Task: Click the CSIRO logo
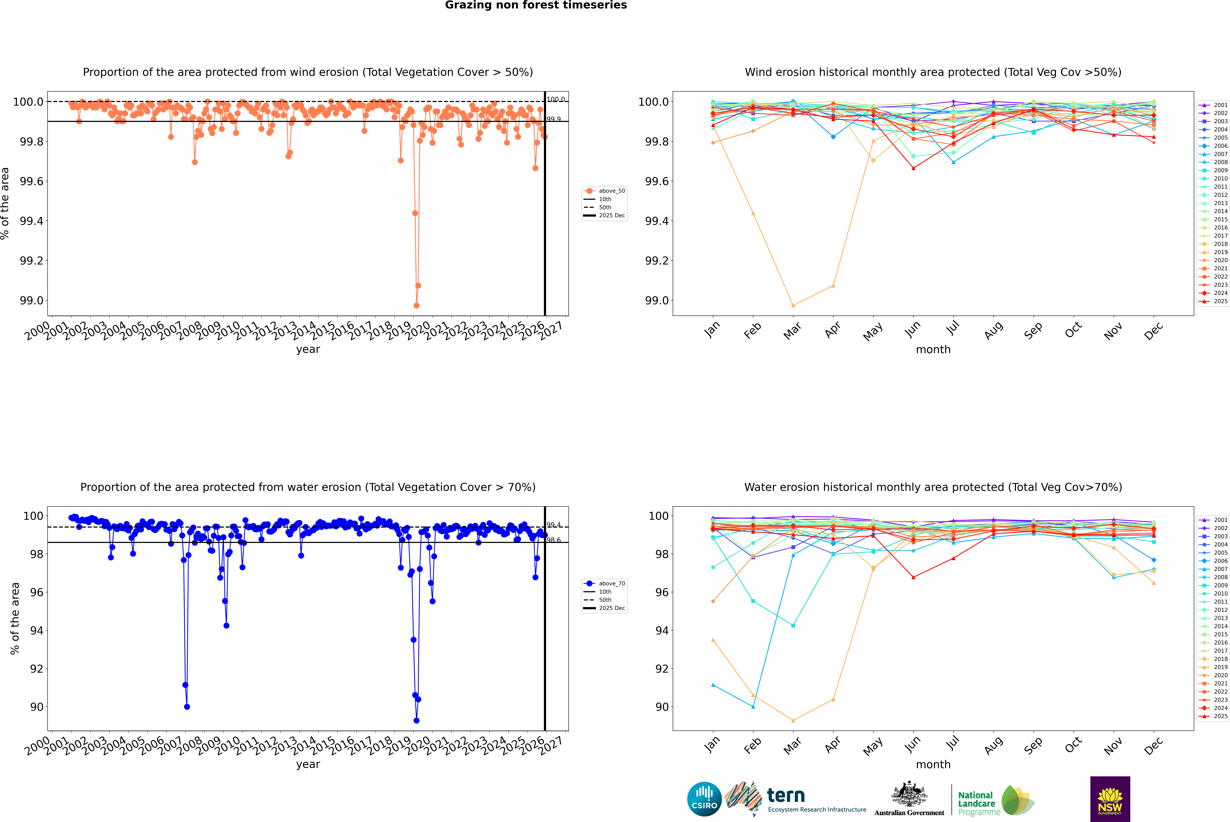point(704,799)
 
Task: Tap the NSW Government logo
point(1110,799)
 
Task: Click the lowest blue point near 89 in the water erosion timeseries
point(416,720)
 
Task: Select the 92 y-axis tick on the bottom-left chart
point(37,668)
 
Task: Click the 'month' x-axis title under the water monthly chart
point(933,764)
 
